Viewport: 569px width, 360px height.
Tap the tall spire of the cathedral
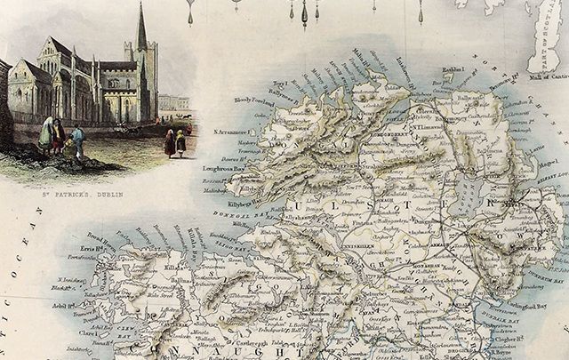[x=140, y=31]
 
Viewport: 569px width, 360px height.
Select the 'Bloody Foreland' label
[x=252, y=101]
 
